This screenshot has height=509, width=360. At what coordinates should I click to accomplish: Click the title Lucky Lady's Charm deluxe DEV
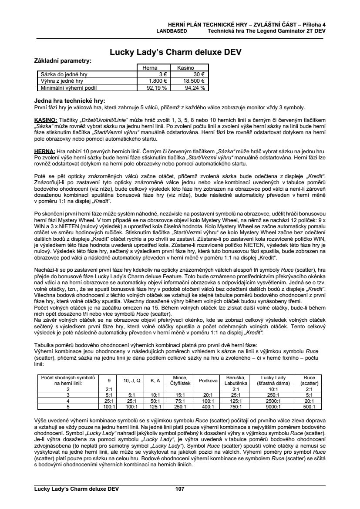175,52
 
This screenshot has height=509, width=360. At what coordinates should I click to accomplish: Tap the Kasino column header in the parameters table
185,68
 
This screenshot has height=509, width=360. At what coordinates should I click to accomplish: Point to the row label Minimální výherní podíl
63,88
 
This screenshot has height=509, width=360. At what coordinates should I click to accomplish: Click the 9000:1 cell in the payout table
273,407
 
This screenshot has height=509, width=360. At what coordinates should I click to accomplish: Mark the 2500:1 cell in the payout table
273,401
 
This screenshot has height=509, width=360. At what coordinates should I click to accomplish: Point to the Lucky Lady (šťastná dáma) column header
273,381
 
